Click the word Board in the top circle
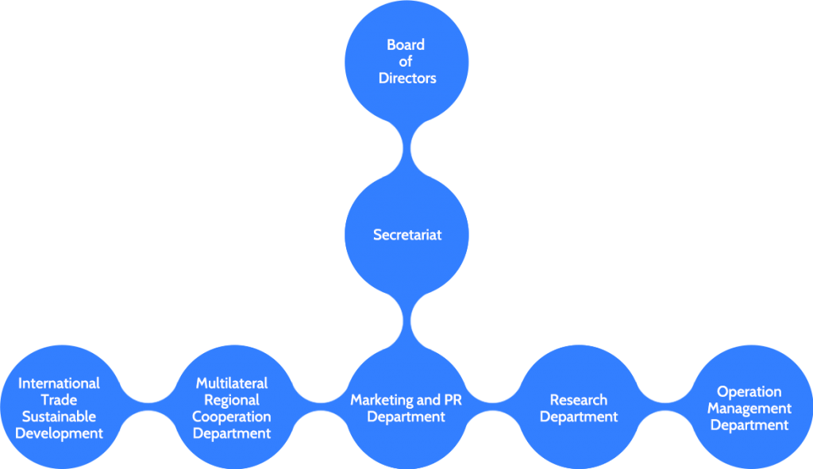(406, 45)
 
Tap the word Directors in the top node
(407, 78)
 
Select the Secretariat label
(407, 235)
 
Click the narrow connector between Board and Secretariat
(407, 148)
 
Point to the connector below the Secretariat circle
(407, 321)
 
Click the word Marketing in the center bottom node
(381, 400)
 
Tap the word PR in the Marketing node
(453, 400)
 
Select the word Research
(578, 400)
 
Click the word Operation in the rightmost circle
(749, 391)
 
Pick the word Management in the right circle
(749, 408)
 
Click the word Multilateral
(232, 383)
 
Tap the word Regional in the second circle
(232, 400)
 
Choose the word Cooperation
(232, 417)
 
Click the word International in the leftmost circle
(60, 383)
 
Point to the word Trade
(60, 400)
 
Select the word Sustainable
(60, 417)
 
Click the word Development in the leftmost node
(60, 433)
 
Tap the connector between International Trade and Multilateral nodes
(147, 407)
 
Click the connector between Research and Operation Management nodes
(664, 407)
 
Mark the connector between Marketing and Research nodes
(492, 407)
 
